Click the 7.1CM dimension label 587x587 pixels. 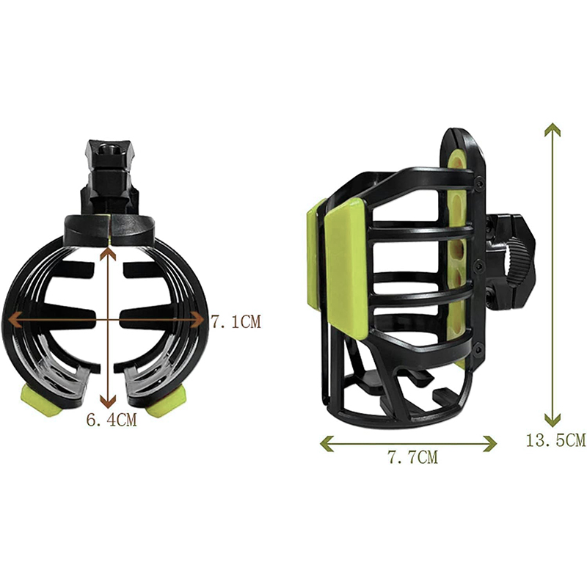tap(236, 322)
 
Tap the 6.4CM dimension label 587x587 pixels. tap(112, 420)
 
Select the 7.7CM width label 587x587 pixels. tap(412, 457)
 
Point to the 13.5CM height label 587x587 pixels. tap(555, 440)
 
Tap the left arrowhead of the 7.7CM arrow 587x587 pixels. tap(324, 444)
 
